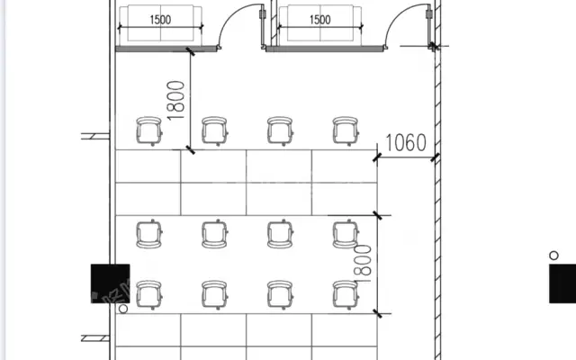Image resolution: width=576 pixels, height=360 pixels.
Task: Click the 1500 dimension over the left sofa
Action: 160,20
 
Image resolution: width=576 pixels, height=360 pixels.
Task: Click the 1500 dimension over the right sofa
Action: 320,20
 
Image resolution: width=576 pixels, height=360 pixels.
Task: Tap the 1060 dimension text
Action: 406,142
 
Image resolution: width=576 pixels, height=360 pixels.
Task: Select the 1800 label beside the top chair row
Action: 175,101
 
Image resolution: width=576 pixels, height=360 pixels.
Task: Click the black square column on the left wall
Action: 110,283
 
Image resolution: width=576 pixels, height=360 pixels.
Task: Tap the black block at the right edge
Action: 562,283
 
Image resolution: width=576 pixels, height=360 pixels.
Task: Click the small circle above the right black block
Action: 553,256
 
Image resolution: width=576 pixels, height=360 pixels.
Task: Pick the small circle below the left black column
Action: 123,309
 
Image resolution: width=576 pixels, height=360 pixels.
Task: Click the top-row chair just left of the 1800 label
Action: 148,130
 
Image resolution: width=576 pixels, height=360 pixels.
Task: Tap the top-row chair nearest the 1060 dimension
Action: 346,130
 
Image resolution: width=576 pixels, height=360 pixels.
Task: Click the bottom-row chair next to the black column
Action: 148,294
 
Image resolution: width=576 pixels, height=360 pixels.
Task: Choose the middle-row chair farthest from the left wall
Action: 346,234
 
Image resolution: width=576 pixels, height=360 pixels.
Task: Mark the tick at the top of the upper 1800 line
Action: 190,51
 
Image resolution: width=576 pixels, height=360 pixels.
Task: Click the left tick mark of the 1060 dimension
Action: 377,158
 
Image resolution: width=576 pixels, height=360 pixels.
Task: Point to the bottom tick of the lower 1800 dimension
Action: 377,314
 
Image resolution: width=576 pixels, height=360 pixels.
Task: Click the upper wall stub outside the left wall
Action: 95,136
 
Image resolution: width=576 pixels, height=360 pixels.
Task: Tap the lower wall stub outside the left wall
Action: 95,338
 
